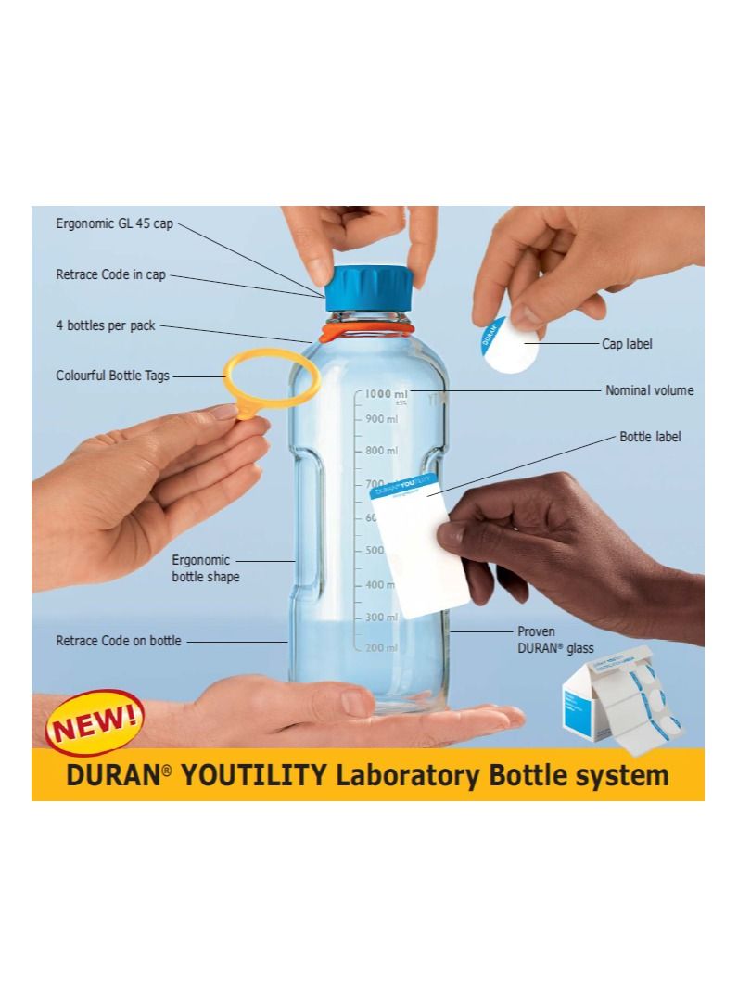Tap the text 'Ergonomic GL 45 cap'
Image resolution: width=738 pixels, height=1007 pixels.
114,224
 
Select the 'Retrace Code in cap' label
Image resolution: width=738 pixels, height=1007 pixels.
111,275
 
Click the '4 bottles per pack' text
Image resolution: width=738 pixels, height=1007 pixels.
105,326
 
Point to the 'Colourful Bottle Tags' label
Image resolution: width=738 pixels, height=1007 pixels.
113,376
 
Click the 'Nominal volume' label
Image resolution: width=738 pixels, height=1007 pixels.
649,390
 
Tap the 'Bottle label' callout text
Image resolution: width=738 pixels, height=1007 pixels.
650,436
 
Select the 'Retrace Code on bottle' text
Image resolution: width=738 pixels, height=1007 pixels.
119,641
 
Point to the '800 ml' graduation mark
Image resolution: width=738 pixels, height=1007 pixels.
380,451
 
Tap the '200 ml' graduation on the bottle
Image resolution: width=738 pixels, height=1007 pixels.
380,647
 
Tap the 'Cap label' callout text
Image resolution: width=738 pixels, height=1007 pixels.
628,343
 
